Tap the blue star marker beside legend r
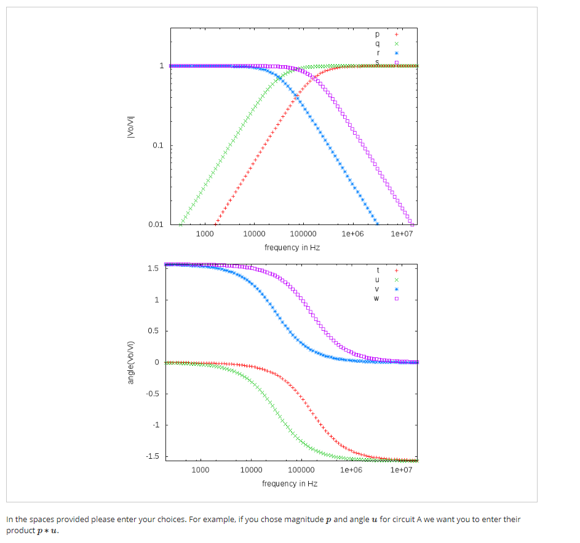point(397,54)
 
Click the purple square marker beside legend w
point(397,299)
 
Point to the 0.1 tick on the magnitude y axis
point(158,146)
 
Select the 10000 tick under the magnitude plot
point(253,234)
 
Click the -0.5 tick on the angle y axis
point(153,394)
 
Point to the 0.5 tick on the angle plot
point(154,331)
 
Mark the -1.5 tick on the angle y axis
point(153,456)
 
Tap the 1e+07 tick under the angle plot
point(400,470)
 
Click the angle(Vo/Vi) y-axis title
point(130,363)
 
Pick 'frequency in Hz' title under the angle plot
point(290,483)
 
